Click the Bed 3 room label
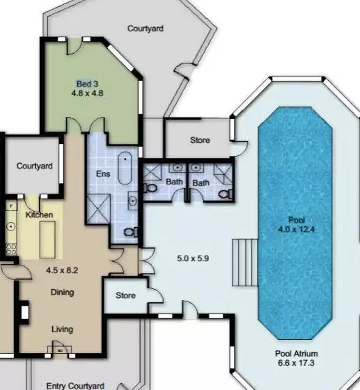pyautogui.click(x=87, y=84)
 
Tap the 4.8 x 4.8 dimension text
pyautogui.click(x=87, y=93)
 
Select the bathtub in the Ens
pyautogui.click(x=125, y=168)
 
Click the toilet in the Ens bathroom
pyautogui.click(x=131, y=233)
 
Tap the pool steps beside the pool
pyautogui.click(x=245, y=263)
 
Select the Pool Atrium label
pyautogui.click(x=297, y=354)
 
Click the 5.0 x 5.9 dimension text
pyautogui.click(x=193, y=258)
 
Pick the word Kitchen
pyautogui.click(x=39, y=214)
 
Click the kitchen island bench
pyautogui.click(x=47, y=240)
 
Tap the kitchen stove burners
pyautogui.click(x=11, y=249)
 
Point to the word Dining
pyautogui.click(x=62, y=292)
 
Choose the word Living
pyautogui.click(x=62, y=329)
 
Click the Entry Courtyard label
pyautogui.click(x=75, y=386)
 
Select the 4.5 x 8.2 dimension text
pyautogui.click(x=62, y=270)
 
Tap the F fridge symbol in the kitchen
pyautogui.click(x=11, y=206)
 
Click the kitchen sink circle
pyautogui.click(x=11, y=226)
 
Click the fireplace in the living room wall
pyautogui.click(x=24, y=313)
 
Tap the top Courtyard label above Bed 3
pyautogui.click(x=146, y=29)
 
